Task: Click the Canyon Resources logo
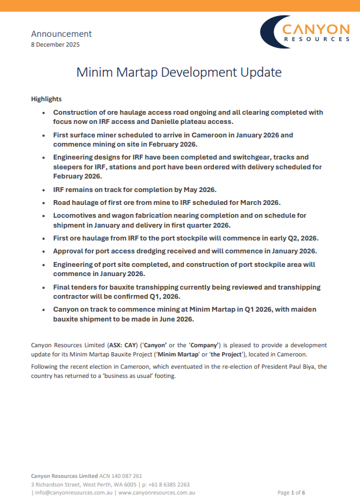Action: [305, 33]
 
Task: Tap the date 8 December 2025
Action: [55, 44]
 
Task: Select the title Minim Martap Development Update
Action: [179, 72]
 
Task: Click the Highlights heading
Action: [46, 99]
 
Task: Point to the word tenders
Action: [89, 287]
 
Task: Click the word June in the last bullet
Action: [158, 319]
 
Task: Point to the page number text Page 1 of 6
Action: [291, 492]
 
